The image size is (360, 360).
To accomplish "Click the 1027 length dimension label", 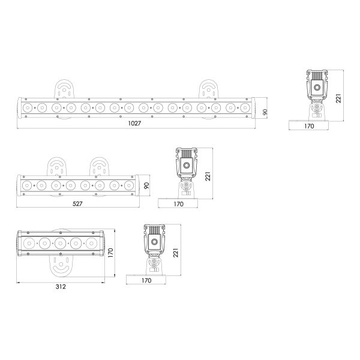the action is pos(134,123).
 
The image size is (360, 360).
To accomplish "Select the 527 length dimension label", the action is pos(77,203).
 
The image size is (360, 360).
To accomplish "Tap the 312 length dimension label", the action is pos(61,287).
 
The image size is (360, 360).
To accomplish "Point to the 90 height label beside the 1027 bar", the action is pos(265,112).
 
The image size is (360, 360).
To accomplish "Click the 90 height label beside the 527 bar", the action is pos(146,185).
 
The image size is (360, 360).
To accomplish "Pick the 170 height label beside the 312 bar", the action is pos(110,253).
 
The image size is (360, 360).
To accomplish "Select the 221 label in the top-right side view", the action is pos(338,98).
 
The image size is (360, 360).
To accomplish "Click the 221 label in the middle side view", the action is pos(208,176).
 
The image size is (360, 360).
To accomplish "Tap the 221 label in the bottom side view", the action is pos(175,253).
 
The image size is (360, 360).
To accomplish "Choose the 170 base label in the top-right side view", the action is pos(309,126).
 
